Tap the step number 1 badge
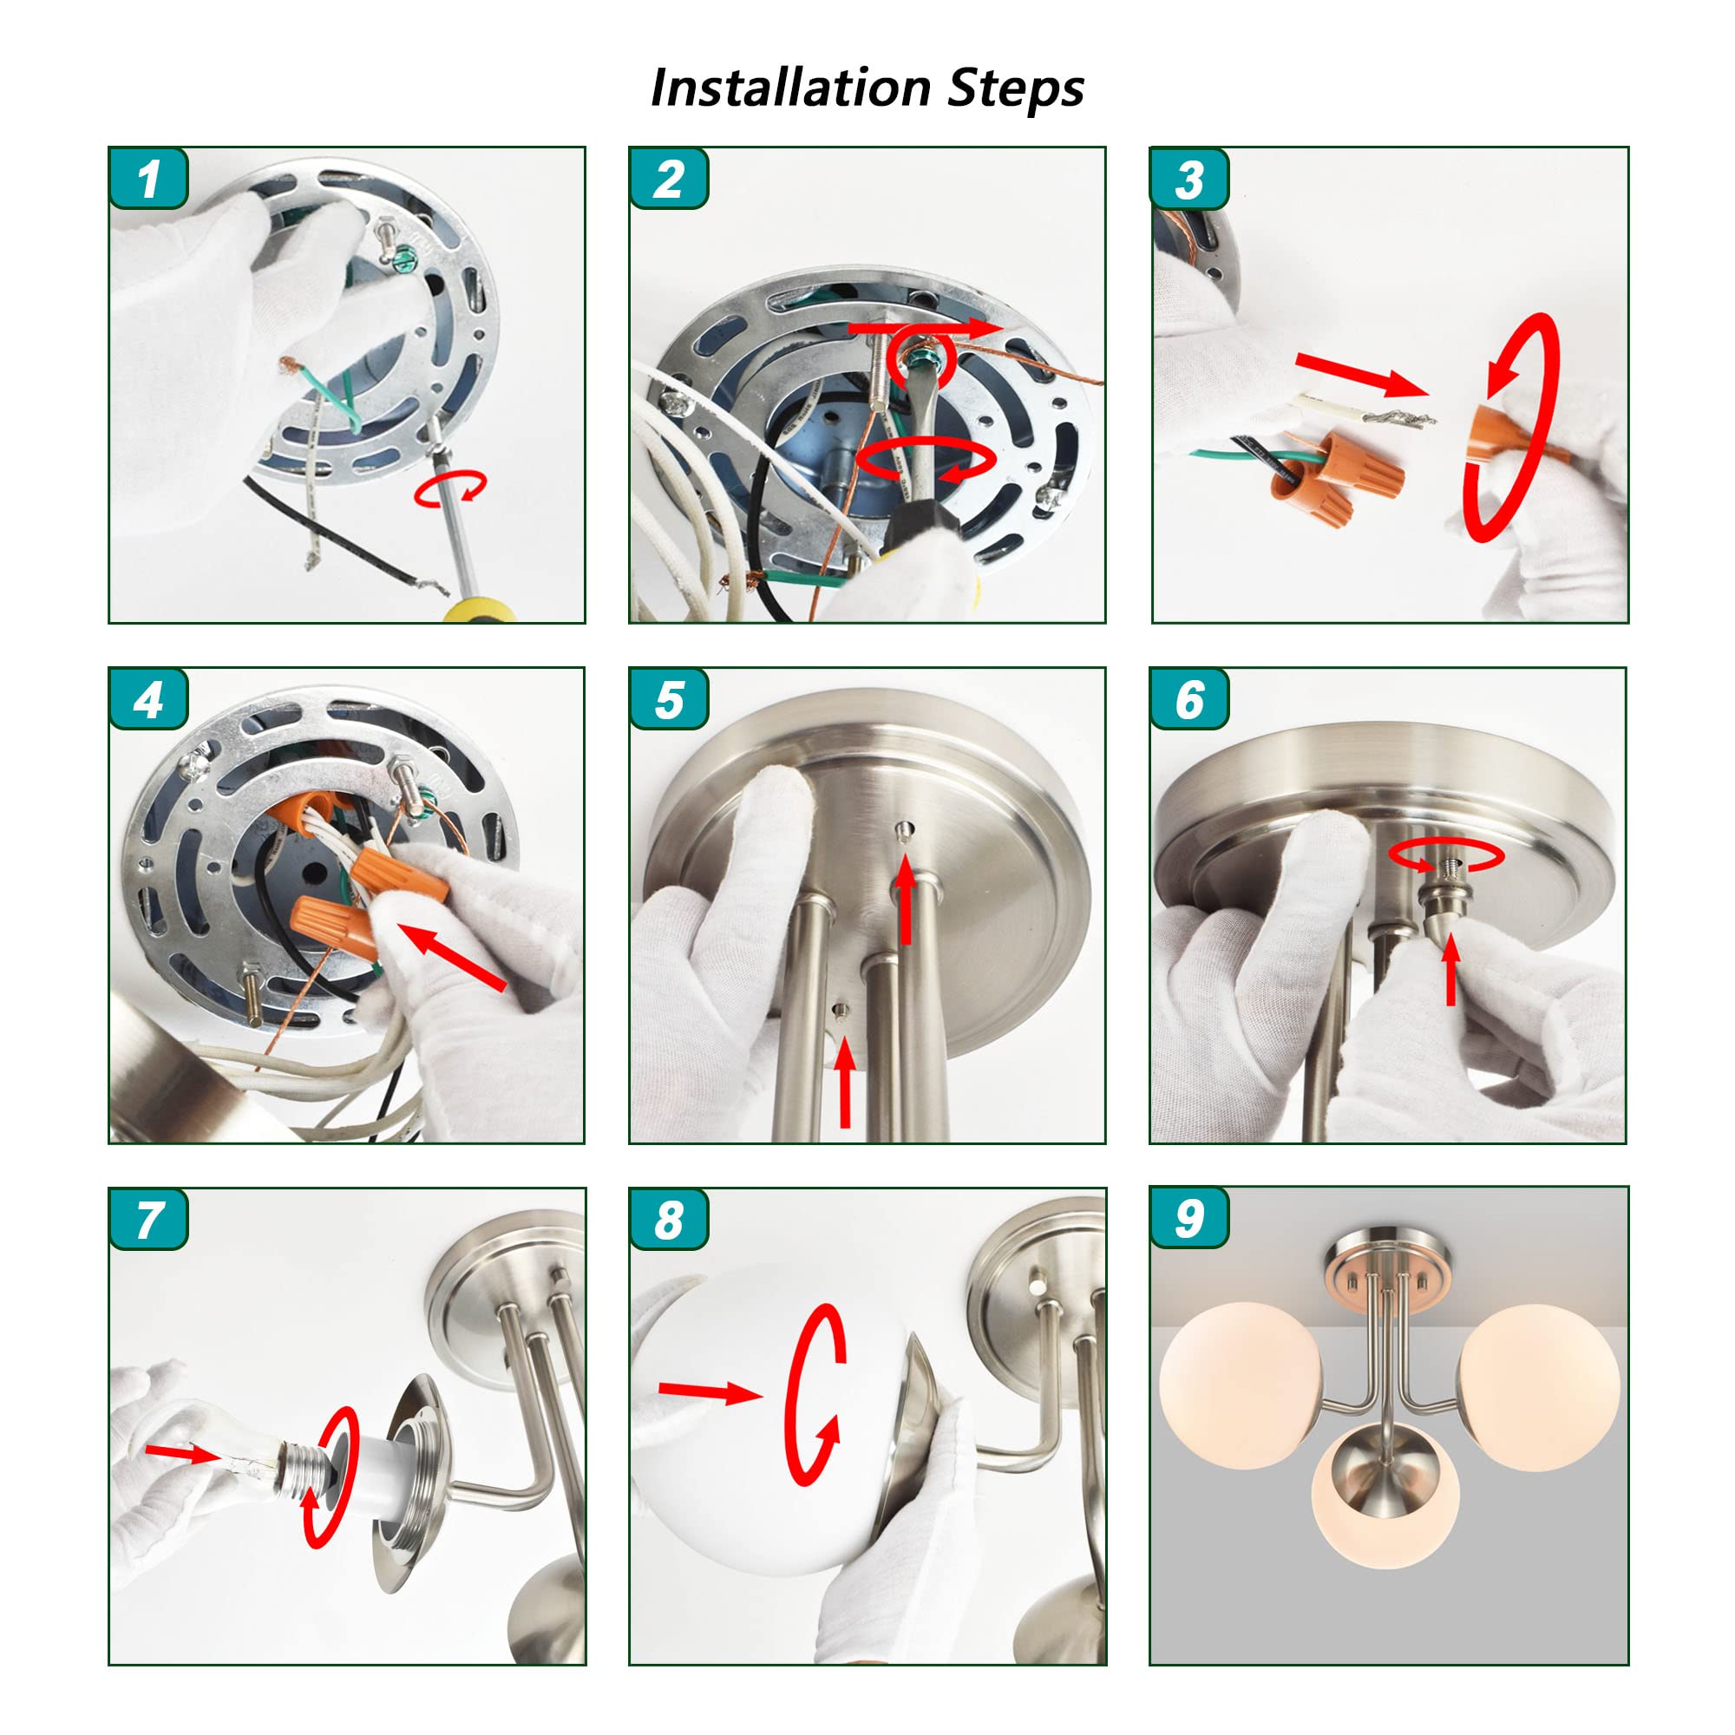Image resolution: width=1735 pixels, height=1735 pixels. [x=148, y=178]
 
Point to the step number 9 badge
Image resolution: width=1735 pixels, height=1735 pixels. [x=1189, y=1218]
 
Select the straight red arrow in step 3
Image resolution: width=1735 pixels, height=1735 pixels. [x=1361, y=374]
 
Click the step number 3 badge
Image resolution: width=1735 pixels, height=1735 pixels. [x=1189, y=178]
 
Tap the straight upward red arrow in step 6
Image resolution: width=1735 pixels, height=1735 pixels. [x=1451, y=974]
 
